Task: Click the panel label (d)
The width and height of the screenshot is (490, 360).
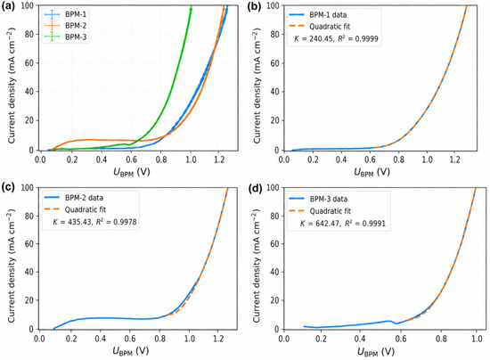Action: pos(254,187)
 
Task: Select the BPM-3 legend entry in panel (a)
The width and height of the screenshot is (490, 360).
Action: pos(66,37)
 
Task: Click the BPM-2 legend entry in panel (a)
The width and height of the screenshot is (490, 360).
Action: pos(66,26)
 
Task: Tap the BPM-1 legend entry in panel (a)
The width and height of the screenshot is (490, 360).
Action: pos(66,14)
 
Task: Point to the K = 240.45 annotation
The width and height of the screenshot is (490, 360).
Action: pos(336,38)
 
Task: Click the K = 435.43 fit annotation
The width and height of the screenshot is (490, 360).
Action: pos(94,222)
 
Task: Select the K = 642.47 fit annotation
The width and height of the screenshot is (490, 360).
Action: pos(343,223)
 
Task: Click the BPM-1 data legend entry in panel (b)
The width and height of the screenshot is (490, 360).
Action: pos(318,14)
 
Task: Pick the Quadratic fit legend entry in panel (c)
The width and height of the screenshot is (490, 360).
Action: pos(76,209)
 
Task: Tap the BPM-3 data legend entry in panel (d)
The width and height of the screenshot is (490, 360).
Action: pos(318,199)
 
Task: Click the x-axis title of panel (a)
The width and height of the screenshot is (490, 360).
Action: pos(131,172)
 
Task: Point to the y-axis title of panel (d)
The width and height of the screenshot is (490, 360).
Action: pos(257,266)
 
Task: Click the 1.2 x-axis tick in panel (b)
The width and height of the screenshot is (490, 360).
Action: pos(455,160)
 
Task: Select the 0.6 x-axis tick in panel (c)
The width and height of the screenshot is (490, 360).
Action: pos(130,339)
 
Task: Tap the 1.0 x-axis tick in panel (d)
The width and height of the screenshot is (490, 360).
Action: pos(476,339)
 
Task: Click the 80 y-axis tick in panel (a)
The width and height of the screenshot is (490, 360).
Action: pos(30,34)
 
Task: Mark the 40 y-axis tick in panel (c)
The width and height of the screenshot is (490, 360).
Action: pos(29,272)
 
